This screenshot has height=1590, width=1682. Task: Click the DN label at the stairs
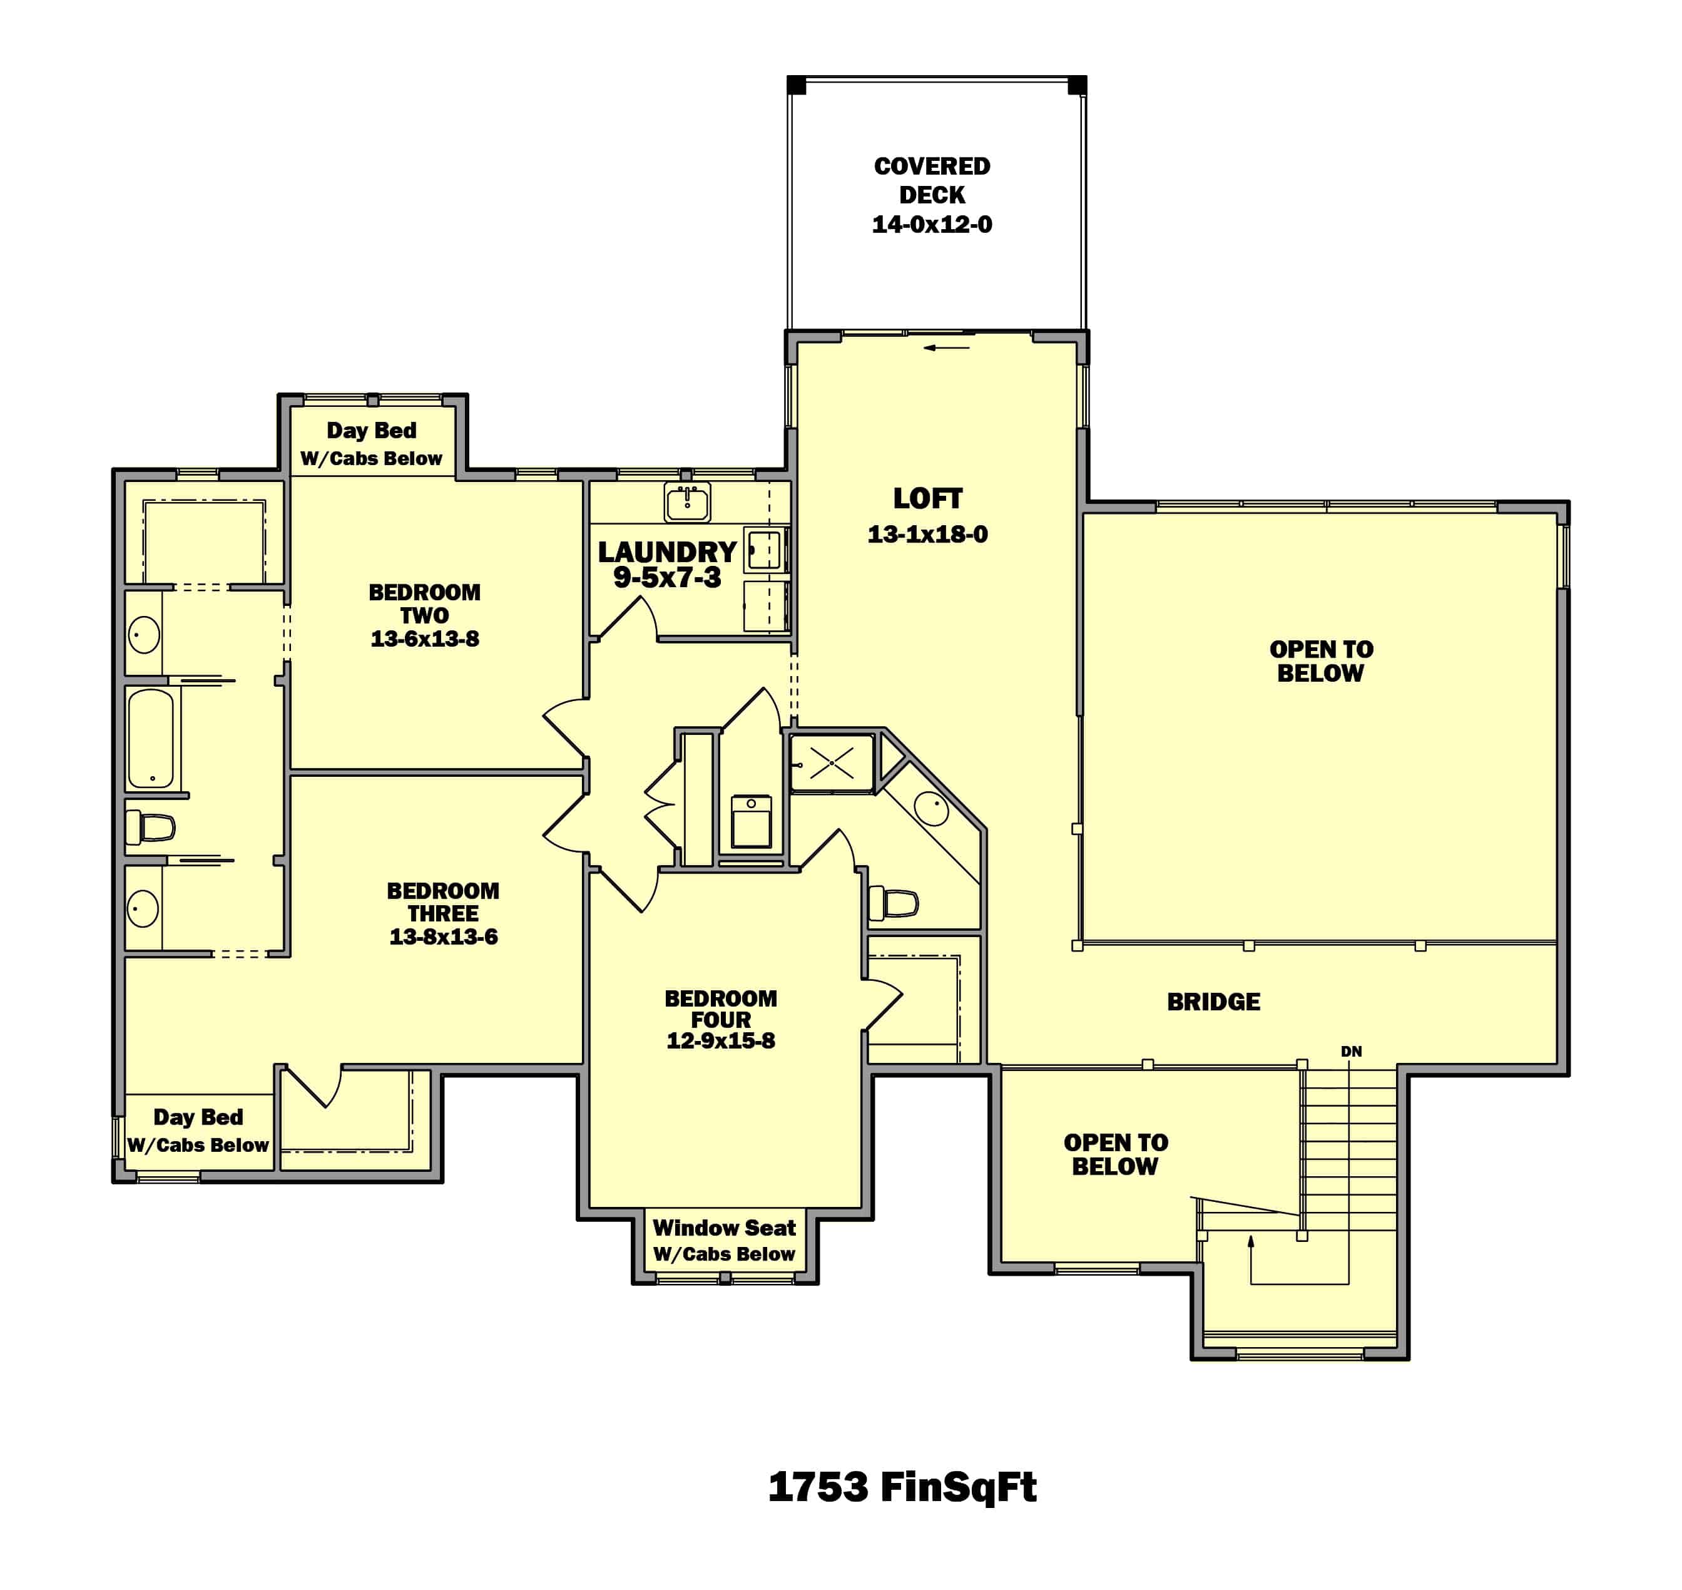(x=1351, y=1051)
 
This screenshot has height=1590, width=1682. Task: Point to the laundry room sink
(x=686, y=503)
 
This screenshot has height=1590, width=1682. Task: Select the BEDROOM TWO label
(x=424, y=603)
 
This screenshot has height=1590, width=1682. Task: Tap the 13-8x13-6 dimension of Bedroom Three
(x=443, y=936)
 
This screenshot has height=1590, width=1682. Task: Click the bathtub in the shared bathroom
(x=151, y=738)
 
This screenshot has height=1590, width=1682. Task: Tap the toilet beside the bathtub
(x=151, y=827)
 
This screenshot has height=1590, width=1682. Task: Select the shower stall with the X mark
(x=831, y=763)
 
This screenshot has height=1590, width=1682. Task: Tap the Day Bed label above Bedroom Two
(x=371, y=431)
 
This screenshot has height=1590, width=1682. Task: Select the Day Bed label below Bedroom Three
(x=198, y=1117)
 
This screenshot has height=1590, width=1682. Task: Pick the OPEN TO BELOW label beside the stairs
(x=1115, y=1154)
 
